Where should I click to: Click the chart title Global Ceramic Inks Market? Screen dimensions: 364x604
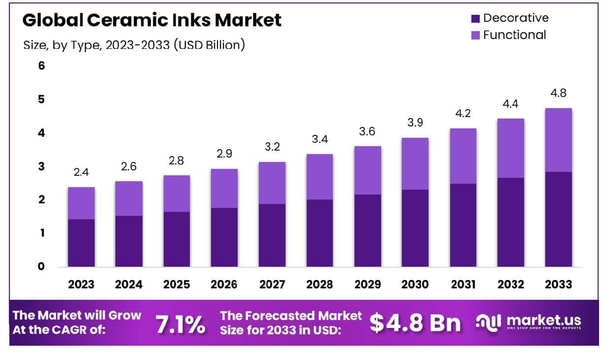pyautogui.click(x=152, y=21)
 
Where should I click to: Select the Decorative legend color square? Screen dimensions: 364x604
pyautogui.click(x=475, y=19)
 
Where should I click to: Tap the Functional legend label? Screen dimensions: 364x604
pyautogui.click(x=514, y=35)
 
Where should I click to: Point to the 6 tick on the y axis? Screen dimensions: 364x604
pyautogui.click(x=41, y=66)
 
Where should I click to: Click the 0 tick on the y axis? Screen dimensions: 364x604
pyautogui.click(x=41, y=267)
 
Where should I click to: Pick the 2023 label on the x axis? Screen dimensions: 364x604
pyautogui.click(x=81, y=284)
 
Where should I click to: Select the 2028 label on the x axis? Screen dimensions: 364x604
pyautogui.click(x=320, y=284)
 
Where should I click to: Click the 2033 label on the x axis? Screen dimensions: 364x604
pyautogui.click(x=559, y=284)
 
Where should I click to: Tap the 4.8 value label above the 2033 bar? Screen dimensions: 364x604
pyautogui.click(x=559, y=93)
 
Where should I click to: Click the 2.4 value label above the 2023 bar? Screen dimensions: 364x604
pyautogui.click(x=81, y=173)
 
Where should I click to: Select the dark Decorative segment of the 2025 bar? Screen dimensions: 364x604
pyautogui.click(x=177, y=240)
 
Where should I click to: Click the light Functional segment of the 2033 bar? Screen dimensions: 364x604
pyautogui.click(x=559, y=140)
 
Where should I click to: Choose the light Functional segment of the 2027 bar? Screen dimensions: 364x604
pyautogui.click(x=272, y=183)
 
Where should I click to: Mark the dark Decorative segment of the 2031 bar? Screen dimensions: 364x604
pyautogui.click(x=463, y=225)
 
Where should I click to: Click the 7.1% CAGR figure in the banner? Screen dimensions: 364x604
pyautogui.click(x=180, y=324)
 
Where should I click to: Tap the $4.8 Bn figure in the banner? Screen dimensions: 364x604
pyautogui.click(x=415, y=323)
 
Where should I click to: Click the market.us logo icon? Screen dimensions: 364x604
pyautogui.click(x=489, y=322)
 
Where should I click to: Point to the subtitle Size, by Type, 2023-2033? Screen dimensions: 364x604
pyautogui.click(x=134, y=45)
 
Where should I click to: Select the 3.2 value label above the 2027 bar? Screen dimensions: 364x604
pyautogui.click(x=272, y=147)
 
